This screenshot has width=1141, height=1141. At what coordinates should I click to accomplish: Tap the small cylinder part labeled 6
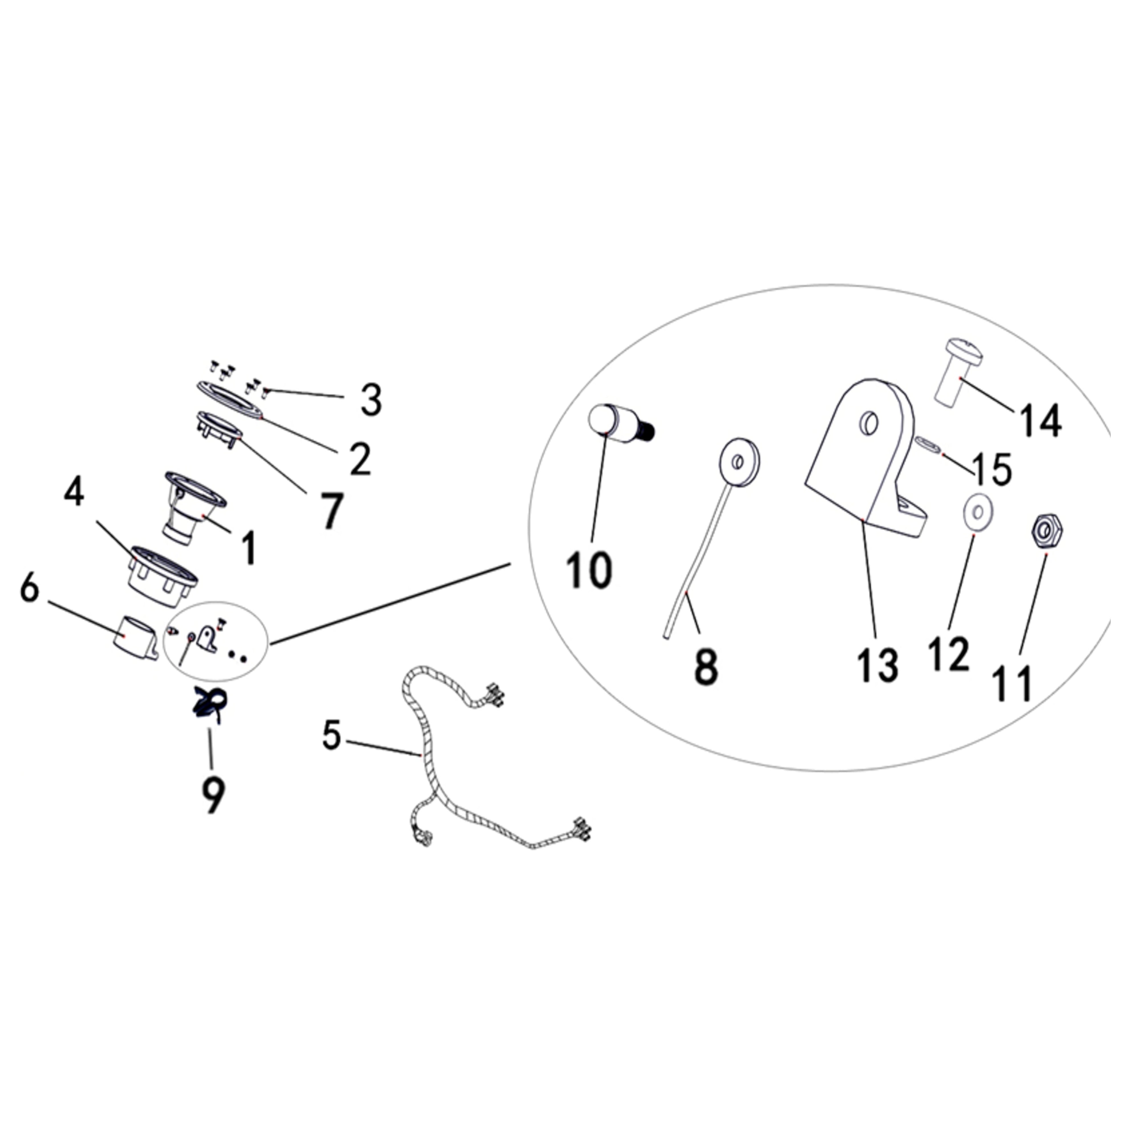[x=135, y=638]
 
